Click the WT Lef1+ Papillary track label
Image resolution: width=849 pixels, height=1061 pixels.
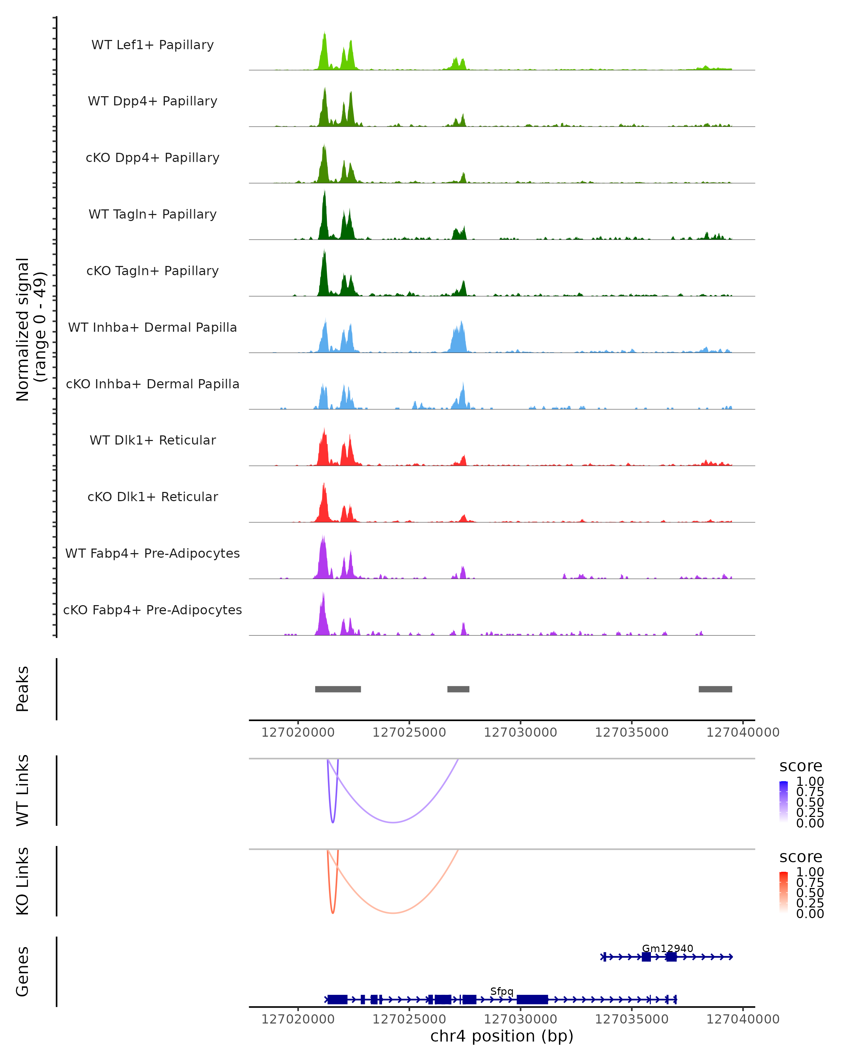(x=152, y=45)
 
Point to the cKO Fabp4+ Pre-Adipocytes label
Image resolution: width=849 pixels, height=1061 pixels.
(x=152, y=610)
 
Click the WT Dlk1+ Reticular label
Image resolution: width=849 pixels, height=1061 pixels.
(x=152, y=440)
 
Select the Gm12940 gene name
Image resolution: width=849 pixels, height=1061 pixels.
(x=668, y=948)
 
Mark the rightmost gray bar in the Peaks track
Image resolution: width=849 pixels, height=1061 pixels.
(x=715, y=689)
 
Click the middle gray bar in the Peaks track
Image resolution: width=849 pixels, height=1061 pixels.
(x=458, y=689)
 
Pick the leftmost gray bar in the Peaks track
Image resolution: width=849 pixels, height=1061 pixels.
(x=338, y=689)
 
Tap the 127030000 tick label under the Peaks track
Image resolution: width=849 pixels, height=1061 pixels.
(x=520, y=732)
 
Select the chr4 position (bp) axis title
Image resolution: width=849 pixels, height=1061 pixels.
(x=502, y=1036)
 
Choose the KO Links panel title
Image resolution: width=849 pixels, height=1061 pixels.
(x=23, y=881)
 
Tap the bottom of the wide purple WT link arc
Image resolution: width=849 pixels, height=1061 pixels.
(x=393, y=822)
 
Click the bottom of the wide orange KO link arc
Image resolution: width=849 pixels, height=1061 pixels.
(x=393, y=913)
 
